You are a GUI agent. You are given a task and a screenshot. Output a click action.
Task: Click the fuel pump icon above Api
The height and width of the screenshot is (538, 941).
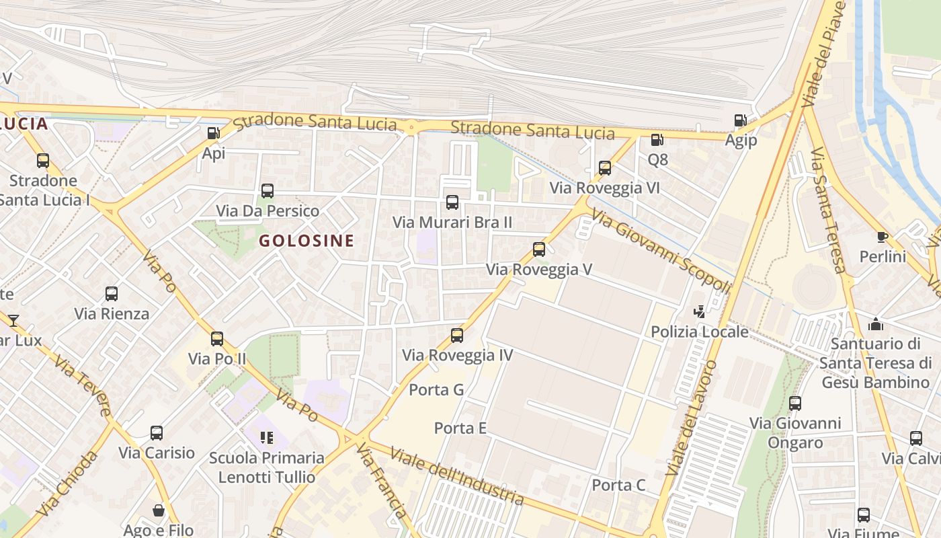[x=213, y=133]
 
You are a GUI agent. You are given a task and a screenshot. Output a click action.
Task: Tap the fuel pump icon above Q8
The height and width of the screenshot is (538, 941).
[x=657, y=140]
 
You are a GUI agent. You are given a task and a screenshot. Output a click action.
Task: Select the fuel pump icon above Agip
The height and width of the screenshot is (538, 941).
[x=740, y=120]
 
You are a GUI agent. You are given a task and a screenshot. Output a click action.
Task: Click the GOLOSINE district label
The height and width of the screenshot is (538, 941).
[x=306, y=241]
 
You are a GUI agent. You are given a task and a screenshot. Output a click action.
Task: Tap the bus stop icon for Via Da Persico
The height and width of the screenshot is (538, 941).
[x=268, y=191]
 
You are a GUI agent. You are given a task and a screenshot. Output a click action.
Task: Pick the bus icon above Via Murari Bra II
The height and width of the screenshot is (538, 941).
[x=452, y=202]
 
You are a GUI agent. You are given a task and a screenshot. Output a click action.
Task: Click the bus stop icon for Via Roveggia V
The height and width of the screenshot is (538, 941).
[x=539, y=249]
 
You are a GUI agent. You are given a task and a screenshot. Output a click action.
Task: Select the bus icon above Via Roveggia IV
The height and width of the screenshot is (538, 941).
[x=457, y=335]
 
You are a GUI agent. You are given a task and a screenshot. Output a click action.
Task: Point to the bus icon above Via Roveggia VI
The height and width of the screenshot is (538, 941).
[x=605, y=168]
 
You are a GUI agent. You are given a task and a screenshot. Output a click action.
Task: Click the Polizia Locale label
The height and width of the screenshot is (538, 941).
[x=700, y=332]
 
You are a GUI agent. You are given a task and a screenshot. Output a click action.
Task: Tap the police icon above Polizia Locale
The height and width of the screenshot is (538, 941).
[x=700, y=311]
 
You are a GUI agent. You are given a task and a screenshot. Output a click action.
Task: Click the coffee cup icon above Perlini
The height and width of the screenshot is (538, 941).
[x=883, y=237]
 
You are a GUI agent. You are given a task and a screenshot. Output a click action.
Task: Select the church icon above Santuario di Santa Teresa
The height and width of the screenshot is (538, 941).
[x=875, y=324]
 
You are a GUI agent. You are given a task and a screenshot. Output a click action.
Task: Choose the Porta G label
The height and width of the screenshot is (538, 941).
[x=436, y=389]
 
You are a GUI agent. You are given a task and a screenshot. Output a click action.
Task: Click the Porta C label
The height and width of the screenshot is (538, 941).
[x=618, y=485]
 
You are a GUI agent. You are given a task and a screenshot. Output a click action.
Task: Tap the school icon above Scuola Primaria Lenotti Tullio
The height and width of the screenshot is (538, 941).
[x=267, y=438]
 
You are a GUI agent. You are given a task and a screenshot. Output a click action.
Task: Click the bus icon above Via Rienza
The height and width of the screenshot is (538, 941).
[x=112, y=294]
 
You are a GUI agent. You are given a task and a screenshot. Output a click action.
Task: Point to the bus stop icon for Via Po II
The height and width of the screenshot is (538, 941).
[x=217, y=339]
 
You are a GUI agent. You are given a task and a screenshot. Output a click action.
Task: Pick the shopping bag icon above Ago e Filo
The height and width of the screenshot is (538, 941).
[x=159, y=510]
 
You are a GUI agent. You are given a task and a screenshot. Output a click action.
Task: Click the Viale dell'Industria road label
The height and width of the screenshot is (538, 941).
[x=456, y=475]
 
